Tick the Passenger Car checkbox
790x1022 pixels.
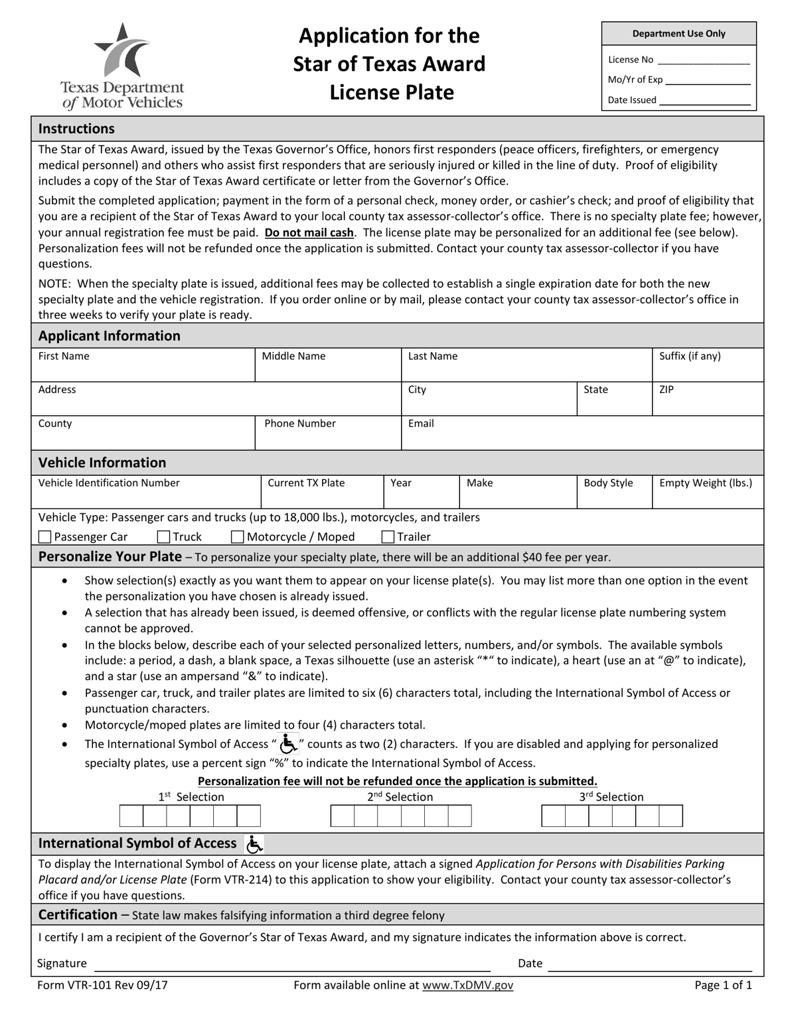coord(45,537)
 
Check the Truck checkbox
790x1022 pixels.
coord(164,537)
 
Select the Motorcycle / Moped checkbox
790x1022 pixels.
coord(238,537)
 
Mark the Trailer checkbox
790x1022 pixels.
coord(388,537)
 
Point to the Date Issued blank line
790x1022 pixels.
coord(704,102)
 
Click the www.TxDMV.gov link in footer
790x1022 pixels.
coord(467,986)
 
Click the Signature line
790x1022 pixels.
coord(292,964)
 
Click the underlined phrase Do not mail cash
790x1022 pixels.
coord(309,233)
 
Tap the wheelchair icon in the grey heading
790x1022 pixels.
coord(254,844)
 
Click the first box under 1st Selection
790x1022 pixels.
coord(131,816)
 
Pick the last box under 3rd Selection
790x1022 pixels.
coord(671,816)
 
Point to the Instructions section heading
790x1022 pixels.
coord(76,129)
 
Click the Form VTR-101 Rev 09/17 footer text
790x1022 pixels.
coord(103,986)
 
